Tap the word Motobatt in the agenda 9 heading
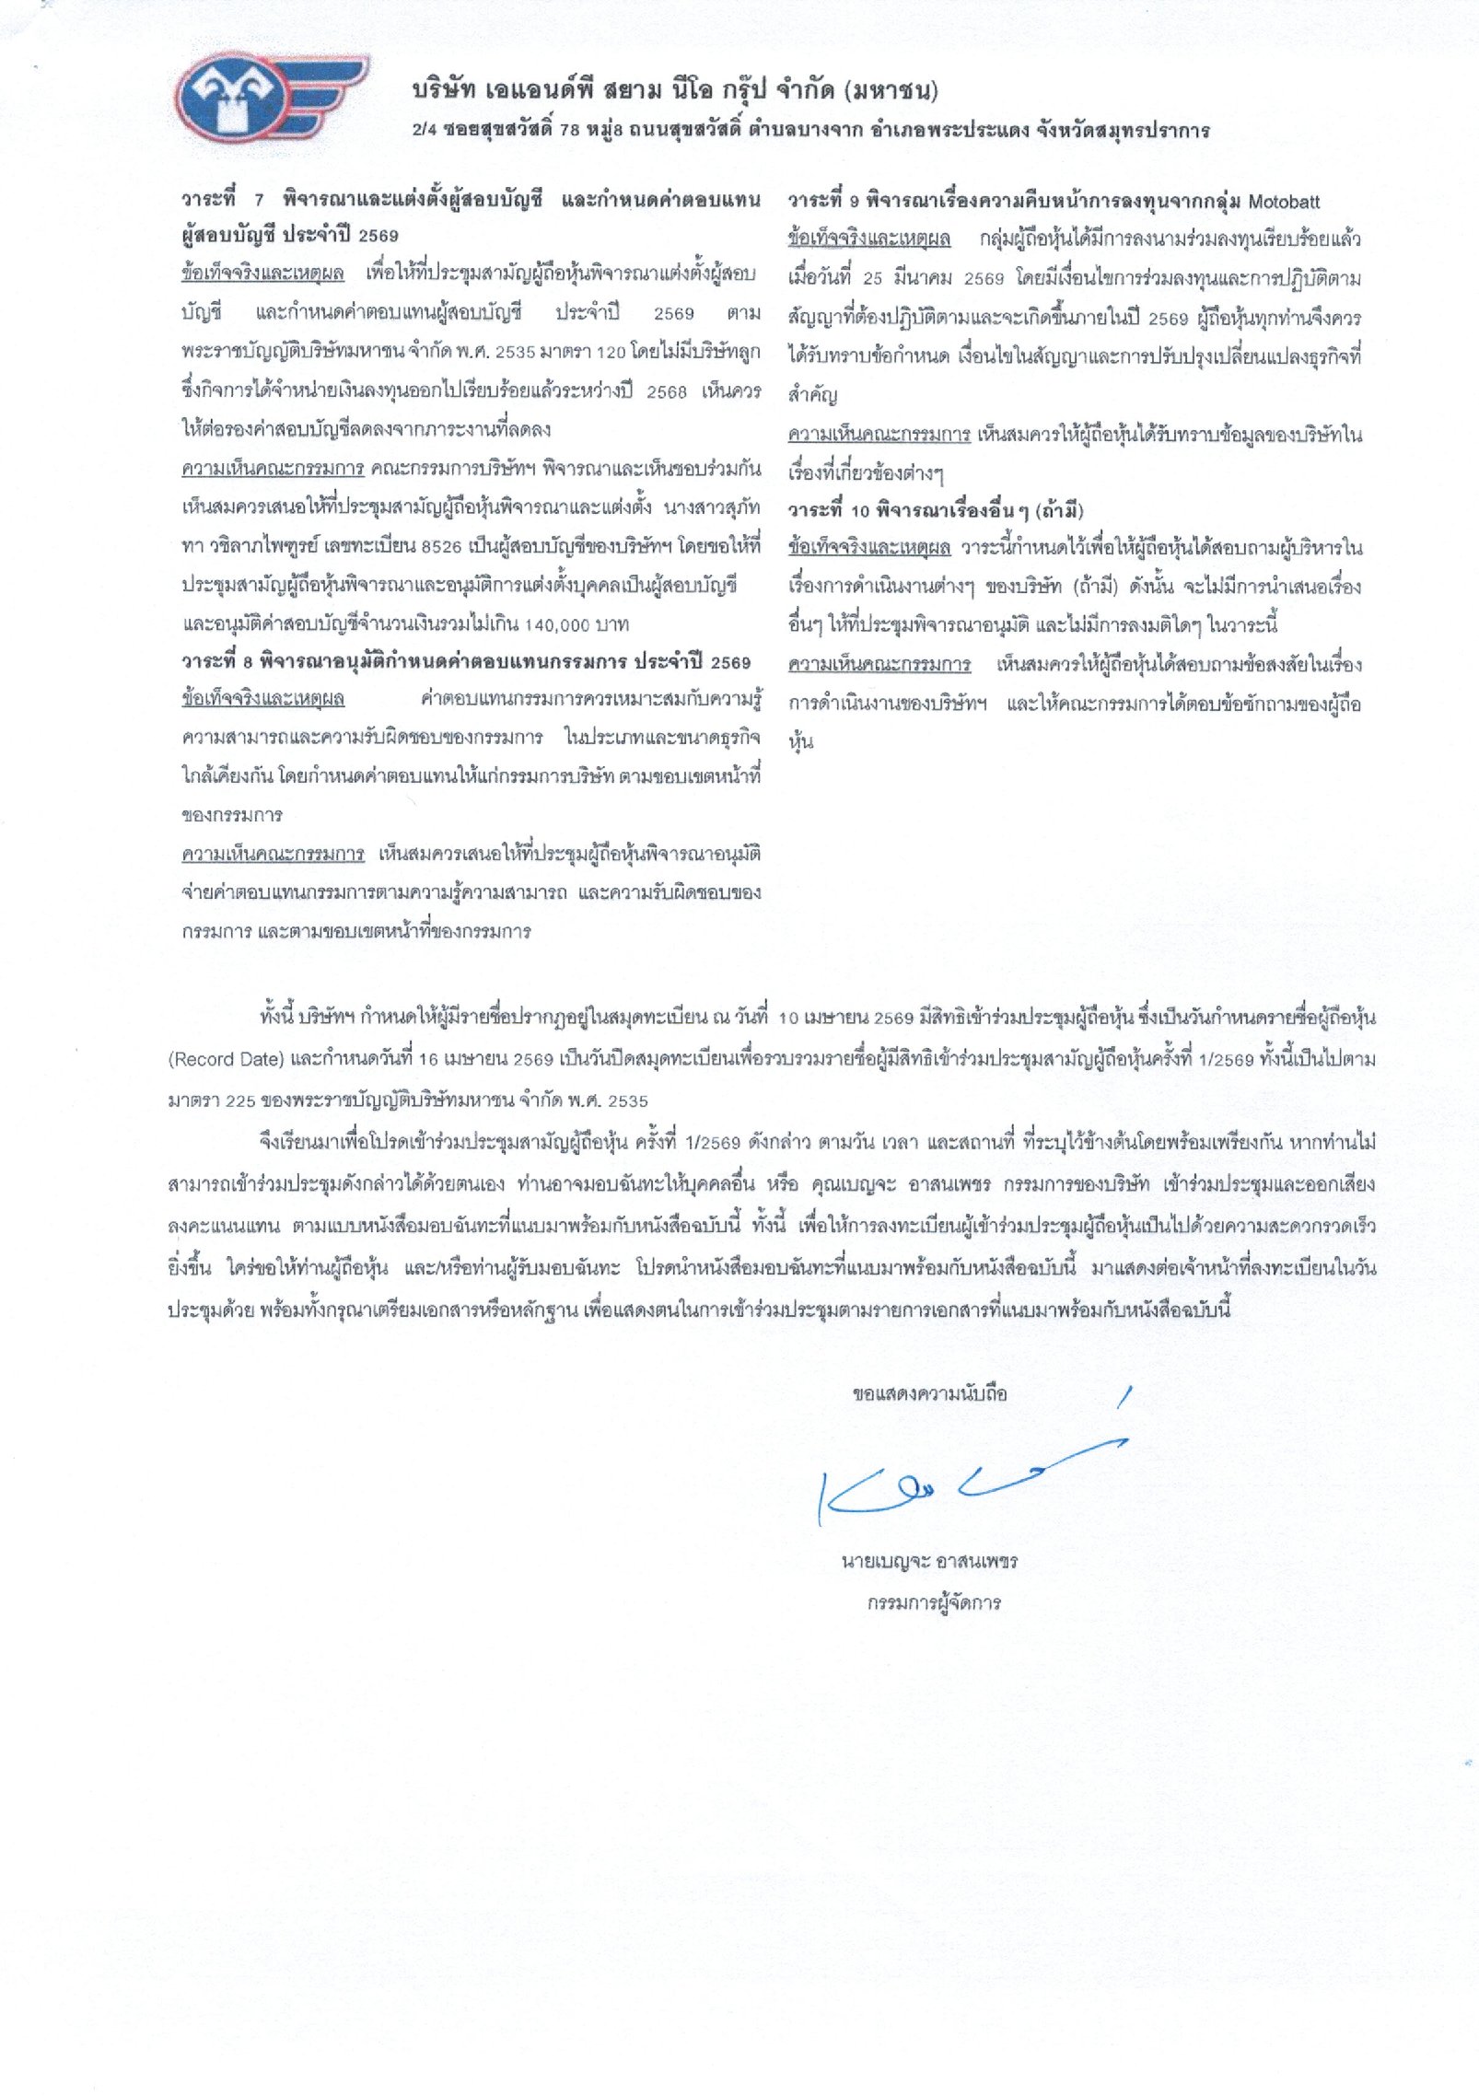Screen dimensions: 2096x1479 (1284, 202)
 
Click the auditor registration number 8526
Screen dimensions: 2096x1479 (441, 547)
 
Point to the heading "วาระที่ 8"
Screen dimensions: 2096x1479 (218, 663)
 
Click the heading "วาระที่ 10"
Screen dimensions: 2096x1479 (828, 510)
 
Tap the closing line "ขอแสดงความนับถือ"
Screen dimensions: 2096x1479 (929, 1394)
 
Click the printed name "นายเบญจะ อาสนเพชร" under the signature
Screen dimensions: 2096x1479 (929, 1563)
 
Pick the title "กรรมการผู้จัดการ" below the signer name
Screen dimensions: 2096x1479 (933, 1603)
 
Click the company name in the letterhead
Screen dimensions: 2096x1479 (675, 90)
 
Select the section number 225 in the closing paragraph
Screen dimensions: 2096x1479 (239, 1100)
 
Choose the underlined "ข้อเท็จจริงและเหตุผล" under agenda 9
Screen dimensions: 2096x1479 (868, 239)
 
